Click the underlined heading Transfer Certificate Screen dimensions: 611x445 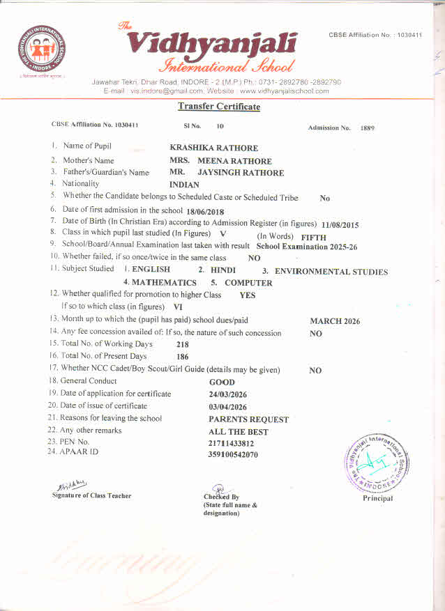coord(218,107)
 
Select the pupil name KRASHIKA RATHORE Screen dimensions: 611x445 coord(213,148)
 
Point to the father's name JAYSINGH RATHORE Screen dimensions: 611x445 coord(241,173)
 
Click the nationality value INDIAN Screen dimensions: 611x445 coord(184,185)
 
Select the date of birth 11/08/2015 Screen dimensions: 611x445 coord(340,225)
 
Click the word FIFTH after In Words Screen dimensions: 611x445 coord(313,238)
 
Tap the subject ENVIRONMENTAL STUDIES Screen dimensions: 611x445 coord(331,272)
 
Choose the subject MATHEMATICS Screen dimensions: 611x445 coord(163,283)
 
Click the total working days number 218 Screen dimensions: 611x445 coord(183,345)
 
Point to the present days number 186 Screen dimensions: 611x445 coord(183,357)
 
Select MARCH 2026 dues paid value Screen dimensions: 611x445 coord(335,321)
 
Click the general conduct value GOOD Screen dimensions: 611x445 coord(222,382)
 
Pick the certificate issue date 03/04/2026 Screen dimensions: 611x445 coord(227,407)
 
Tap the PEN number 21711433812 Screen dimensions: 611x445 coord(231,443)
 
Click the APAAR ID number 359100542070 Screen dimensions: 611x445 coord(233,455)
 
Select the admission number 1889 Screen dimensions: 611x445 coord(368,128)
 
